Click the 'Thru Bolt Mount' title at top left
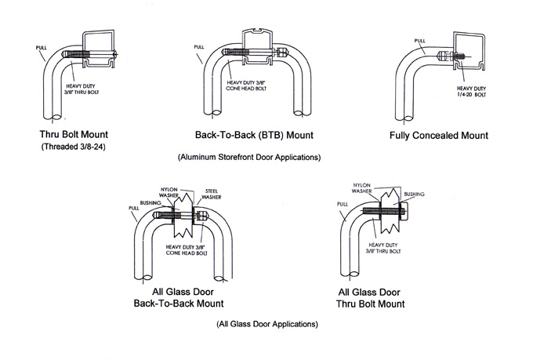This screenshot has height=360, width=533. point(74,134)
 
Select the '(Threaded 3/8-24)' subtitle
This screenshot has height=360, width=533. point(74,147)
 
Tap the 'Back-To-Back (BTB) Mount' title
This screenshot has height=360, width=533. point(254,135)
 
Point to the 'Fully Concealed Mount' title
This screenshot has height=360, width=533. point(438,136)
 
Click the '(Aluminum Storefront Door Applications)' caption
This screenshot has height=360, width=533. point(249,157)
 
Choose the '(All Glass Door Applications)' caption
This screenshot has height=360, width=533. point(267,324)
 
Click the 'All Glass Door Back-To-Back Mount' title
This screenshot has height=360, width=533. point(179,298)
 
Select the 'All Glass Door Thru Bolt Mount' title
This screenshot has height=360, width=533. point(370,298)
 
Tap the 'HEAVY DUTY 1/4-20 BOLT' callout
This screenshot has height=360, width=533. point(471,92)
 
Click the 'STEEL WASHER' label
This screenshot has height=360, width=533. point(212,195)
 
